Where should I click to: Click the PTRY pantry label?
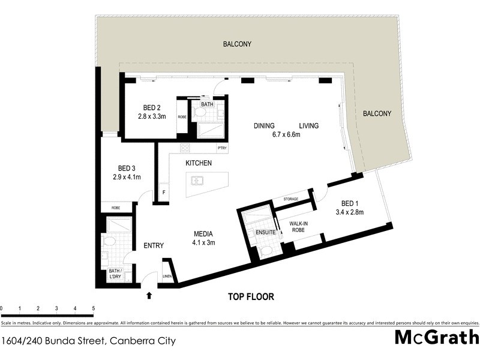222,148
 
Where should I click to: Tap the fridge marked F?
161,193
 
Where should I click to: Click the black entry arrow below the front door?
149,295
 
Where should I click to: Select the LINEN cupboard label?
167,277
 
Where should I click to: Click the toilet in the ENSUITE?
266,250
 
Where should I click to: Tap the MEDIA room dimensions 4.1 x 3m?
203,243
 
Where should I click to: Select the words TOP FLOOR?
251,296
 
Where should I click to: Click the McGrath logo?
436,337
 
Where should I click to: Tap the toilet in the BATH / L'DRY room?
109,241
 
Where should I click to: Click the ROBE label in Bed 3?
117,208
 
